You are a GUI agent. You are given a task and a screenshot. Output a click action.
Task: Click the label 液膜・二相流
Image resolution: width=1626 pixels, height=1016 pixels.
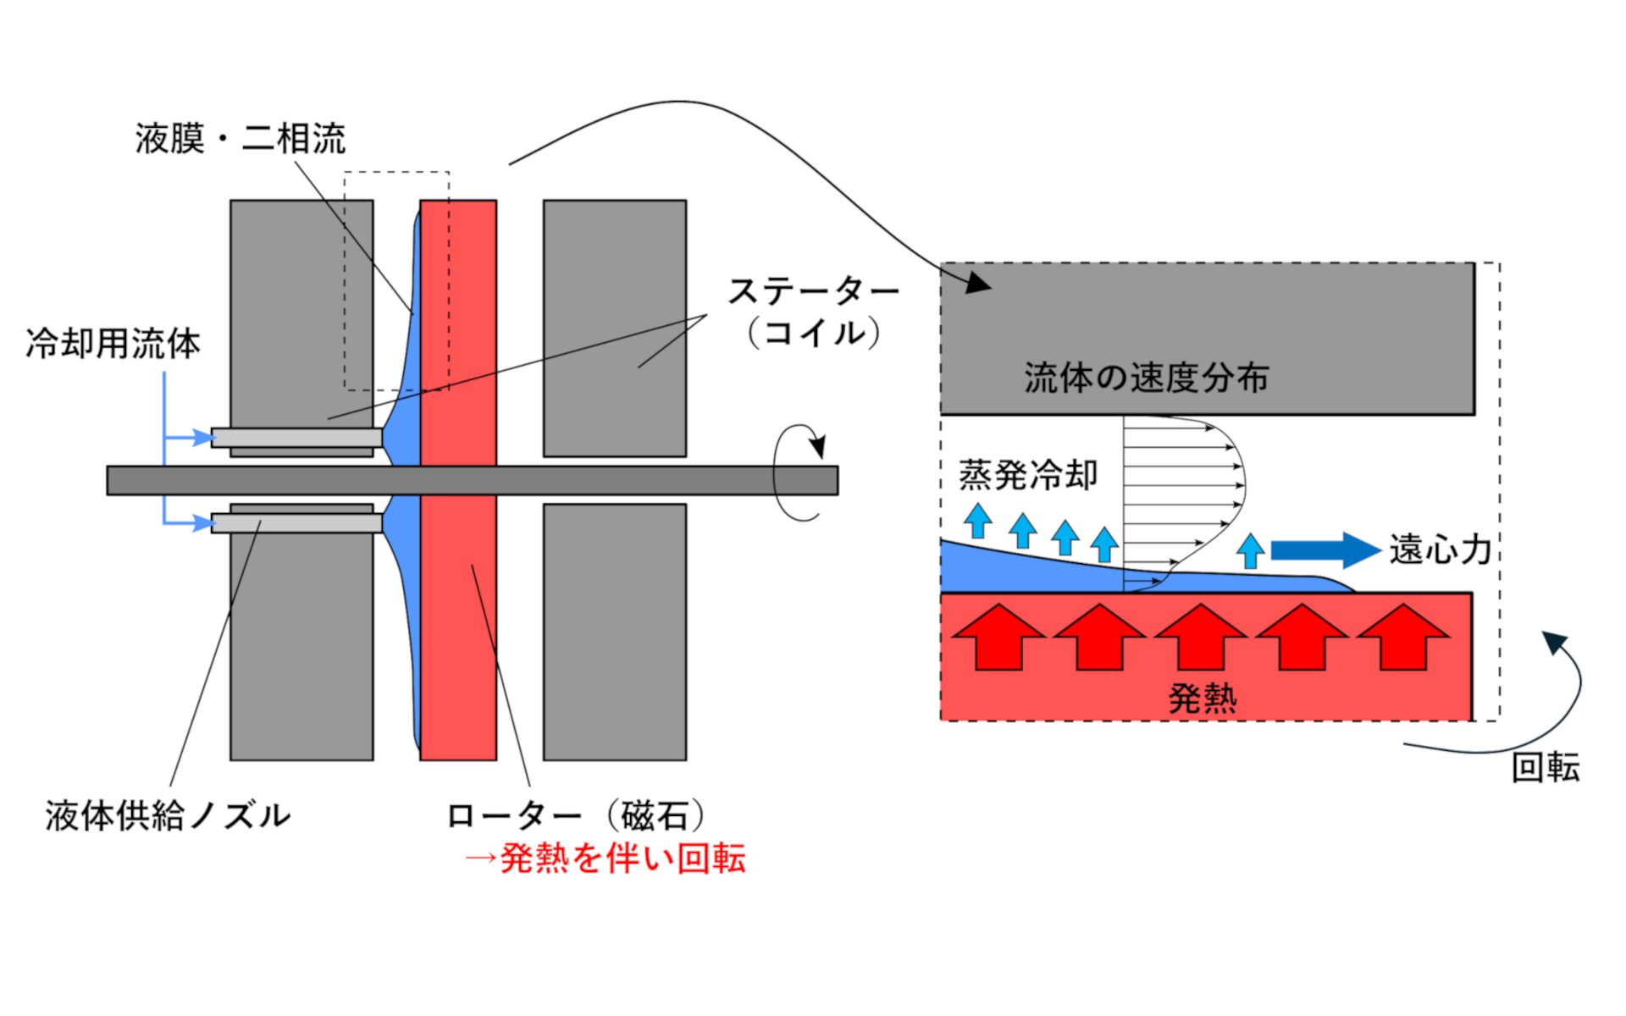coord(241,139)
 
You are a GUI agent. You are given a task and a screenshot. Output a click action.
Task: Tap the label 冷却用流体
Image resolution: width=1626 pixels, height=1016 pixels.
coord(113,344)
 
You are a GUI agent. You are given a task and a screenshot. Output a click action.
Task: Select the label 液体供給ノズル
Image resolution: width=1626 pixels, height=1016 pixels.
coord(168,816)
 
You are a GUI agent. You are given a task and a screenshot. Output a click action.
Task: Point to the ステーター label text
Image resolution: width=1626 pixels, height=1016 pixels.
coord(813,292)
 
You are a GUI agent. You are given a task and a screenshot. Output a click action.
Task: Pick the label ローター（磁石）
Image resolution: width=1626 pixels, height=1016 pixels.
coord(576,816)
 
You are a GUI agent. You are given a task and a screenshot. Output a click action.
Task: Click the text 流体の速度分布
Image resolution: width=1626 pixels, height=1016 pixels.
coord(1146,378)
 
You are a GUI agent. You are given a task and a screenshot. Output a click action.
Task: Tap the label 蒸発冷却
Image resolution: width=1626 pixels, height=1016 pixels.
coord(1028,475)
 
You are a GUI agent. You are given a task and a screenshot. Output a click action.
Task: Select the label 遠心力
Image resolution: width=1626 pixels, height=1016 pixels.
coord(1440,550)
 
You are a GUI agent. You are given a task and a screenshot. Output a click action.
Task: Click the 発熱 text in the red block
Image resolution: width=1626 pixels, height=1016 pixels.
coord(1203,699)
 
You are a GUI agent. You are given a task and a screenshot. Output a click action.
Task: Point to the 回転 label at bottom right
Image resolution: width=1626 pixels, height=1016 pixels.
coord(1546,768)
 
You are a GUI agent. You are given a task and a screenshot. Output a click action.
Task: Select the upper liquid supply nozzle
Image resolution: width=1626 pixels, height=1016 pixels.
coord(296,437)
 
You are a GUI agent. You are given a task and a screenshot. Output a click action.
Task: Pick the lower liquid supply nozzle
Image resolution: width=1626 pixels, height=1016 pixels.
coord(296,523)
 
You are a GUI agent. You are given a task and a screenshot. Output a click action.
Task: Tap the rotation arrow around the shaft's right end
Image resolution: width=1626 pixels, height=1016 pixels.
coord(798,474)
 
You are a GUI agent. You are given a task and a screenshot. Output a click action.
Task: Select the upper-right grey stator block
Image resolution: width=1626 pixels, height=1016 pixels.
coord(615,328)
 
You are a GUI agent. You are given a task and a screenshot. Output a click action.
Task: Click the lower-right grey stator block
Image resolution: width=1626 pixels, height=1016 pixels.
coord(615,632)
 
